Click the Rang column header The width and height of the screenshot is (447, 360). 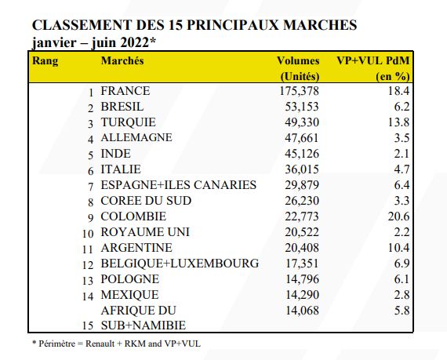(x=45, y=61)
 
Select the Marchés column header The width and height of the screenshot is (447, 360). (x=122, y=60)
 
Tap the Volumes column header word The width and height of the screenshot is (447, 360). (x=298, y=60)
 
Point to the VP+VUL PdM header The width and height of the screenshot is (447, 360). (x=373, y=60)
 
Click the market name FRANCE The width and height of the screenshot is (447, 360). (x=125, y=91)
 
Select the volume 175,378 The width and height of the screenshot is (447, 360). (x=299, y=91)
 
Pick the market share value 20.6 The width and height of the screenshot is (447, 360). (x=398, y=216)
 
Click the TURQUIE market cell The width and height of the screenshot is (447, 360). (x=129, y=122)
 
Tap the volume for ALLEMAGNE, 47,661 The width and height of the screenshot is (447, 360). (x=302, y=138)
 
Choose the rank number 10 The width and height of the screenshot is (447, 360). (x=88, y=234)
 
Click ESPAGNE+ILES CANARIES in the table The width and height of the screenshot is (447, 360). (x=179, y=185)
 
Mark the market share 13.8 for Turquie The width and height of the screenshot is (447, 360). (x=398, y=122)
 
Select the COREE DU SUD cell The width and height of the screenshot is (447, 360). (x=146, y=201)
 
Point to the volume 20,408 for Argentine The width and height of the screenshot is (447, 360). (x=302, y=248)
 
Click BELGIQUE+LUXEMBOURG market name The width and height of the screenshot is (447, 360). (x=180, y=264)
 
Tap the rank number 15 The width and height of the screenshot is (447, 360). (x=88, y=325)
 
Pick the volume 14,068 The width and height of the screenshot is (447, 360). (x=302, y=311)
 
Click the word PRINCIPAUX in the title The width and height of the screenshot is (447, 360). (x=232, y=25)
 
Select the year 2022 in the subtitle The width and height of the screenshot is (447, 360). (x=135, y=43)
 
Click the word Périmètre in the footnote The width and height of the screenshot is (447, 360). (x=56, y=344)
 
